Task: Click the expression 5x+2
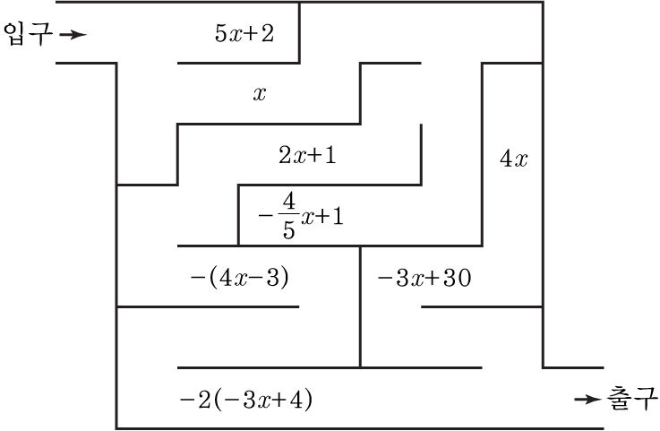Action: tap(244, 33)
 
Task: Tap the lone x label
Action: tap(260, 94)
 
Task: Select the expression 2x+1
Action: tap(308, 155)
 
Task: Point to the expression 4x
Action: tap(513, 159)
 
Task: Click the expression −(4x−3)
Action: tap(239, 278)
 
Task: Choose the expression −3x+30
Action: tap(424, 278)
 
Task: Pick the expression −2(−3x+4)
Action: tap(245, 400)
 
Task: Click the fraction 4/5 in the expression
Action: tap(288, 216)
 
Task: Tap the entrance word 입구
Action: tap(28, 34)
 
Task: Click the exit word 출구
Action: tap(631, 399)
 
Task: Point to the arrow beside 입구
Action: tap(73, 35)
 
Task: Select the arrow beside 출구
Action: tap(588, 399)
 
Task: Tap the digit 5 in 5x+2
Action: tap(221, 33)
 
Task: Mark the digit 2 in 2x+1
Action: tap(285, 155)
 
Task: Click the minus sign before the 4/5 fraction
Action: tap(266, 216)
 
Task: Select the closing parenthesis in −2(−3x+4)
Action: tap(308, 400)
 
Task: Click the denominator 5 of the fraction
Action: tap(288, 229)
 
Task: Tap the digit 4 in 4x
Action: tap(506, 159)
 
